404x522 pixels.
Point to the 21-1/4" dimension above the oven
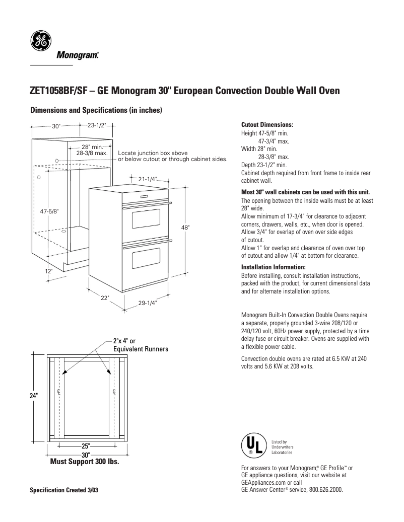tap(147, 179)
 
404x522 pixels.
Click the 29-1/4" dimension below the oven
tap(148, 303)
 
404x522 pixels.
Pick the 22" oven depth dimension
tap(104, 297)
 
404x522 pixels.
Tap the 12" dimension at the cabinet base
tap(48, 271)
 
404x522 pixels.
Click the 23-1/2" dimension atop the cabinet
tap(96, 125)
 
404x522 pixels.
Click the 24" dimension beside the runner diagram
tap(34, 396)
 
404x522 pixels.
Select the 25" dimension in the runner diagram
tap(85, 446)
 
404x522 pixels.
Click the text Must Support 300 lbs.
tap(85, 462)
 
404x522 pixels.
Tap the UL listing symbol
tap(253, 445)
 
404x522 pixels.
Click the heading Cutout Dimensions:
tap(267, 124)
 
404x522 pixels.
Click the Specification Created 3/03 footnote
tap(64, 490)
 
